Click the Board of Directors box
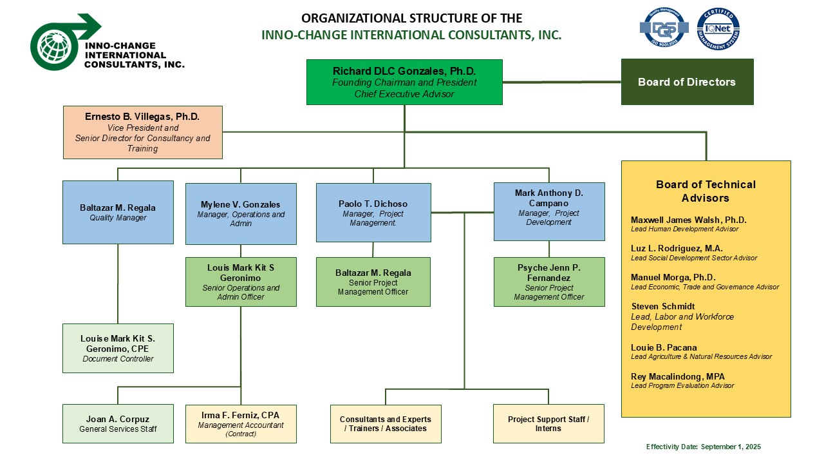pyautogui.click(x=687, y=82)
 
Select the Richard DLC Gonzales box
pyautogui.click(x=404, y=82)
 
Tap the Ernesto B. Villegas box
pyautogui.click(x=142, y=132)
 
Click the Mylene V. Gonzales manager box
pyautogui.click(x=241, y=213)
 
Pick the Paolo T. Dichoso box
pyautogui.click(x=373, y=212)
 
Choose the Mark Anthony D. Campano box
pyautogui.click(x=549, y=211)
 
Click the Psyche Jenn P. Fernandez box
pyautogui.click(x=549, y=282)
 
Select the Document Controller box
pyautogui.click(x=118, y=348)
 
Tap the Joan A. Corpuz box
pyautogui.click(x=118, y=423)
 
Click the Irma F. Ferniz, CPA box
pyautogui.click(x=241, y=423)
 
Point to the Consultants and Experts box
pyautogui.click(x=386, y=423)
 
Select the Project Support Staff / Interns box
pyautogui.click(x=548, y=423)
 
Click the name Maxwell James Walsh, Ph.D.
pyautogui.click(x=680, y=220)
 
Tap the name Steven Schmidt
pyautogui.click(x=663, y=306)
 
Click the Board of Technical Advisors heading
pyautogui.click(x=706, y=191)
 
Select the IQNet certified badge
pyautogui.click(x=718, y=29)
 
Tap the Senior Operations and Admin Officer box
pyautogui.click(x=241, y=282)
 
